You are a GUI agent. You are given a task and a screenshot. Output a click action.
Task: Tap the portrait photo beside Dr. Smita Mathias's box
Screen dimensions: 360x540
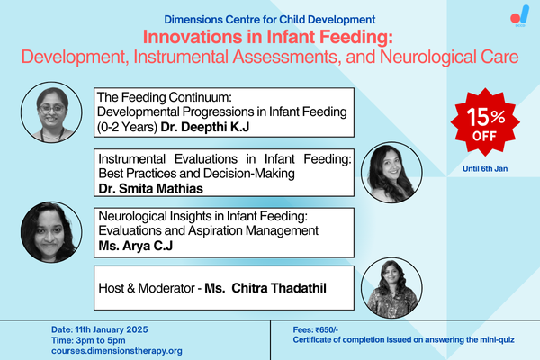389,172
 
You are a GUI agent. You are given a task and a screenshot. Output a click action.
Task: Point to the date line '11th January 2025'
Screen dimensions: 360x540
107,329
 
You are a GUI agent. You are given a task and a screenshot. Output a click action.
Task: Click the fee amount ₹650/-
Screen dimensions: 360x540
326,329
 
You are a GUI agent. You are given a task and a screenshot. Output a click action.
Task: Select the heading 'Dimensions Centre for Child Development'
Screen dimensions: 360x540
269,19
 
